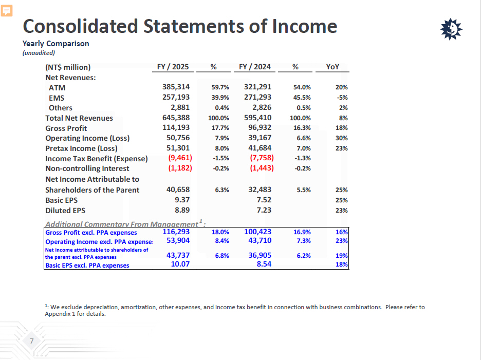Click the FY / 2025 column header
coord(173,67)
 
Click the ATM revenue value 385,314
coord(176,87)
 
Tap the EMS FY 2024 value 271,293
coord(257,97)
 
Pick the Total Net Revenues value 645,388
coord(176,118)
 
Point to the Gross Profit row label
coord(66,128)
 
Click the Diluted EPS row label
coord(65,211)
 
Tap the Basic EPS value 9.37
coord(182,200)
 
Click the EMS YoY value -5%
coord(342,97)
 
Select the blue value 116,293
coord(176,232)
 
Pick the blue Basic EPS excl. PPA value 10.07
coord(180,264)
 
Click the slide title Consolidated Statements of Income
coord(180,26)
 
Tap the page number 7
coord(31,342)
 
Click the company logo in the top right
coord(452,30)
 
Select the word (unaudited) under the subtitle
coord(39,52)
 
